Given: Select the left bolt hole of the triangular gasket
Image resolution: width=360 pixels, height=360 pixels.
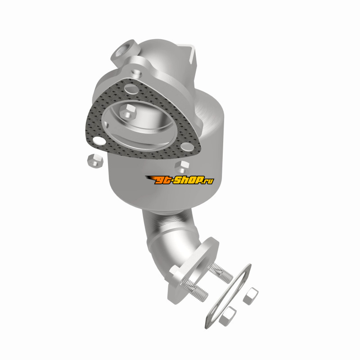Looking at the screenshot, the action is [99, 140].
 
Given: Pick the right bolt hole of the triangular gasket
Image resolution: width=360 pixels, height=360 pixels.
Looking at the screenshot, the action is [186, 147].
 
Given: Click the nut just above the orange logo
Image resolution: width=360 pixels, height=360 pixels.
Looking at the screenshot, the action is [182, 167].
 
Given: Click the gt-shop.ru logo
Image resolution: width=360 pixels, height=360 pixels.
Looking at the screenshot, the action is [180, 180].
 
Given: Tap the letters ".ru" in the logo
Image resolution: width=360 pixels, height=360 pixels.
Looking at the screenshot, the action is [208, 180].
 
